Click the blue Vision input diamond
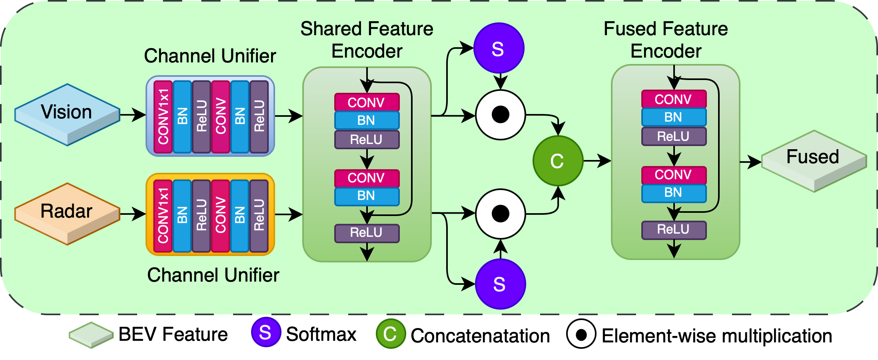[x=67, y=114]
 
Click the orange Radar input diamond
[x=67, y=213]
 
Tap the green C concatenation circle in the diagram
[x=558, y=161]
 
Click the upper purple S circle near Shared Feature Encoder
[x=499, y=48]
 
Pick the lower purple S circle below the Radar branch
[x=500, y=284]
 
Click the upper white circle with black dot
[x=500, y=115]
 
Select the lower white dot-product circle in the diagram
[x=500, y=214]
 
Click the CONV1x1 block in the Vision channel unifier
[x=163, y=116]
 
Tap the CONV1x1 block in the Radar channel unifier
[x=163, y=216]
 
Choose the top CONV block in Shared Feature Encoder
[x=367, y=102]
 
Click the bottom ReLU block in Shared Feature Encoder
[x=367, y=233]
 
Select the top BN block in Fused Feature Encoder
[x=674, y=117]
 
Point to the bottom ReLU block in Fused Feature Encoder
[x=674, y=230]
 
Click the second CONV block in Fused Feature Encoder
[x=674, y=175]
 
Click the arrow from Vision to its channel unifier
[x=133, y=115]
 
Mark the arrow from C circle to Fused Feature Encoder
[x=597, y=161]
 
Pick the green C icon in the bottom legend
[x=391, y=334]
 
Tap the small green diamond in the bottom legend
[x=91, y=335]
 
